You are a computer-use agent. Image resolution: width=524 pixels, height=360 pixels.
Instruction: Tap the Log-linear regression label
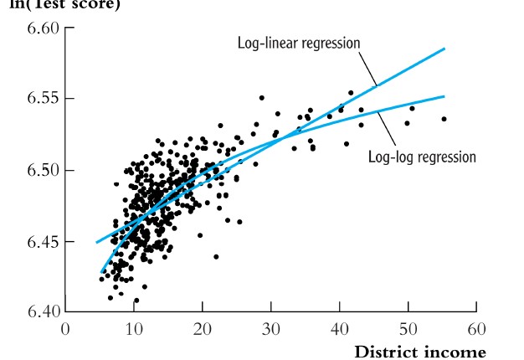[x=297, y=43]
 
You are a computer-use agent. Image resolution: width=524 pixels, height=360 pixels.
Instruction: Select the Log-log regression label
[x=422, y=157]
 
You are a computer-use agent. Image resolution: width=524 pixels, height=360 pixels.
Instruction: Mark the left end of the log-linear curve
[x=96, y=243]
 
